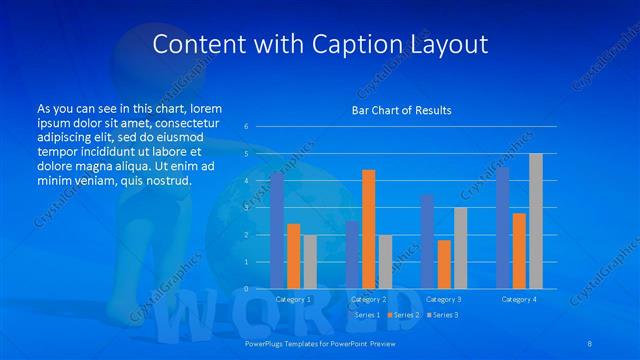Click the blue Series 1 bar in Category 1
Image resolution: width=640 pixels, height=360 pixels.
pyautogui.click(x=277, y=231)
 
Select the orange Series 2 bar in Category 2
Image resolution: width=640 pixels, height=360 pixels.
pyautogui.click(x=369, y=229)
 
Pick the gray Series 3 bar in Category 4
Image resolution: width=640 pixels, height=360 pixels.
pyautogui.click(x=535, y=221)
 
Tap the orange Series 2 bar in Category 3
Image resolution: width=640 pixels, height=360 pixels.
pyautogui.click(x=444, y=264)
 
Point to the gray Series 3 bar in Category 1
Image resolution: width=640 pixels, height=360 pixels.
pyautogui.click(x=310, y=262)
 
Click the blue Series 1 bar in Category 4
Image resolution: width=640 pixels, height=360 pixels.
pyautogui.click(x=502, y=228)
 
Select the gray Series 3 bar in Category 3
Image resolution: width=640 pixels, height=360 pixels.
pyautogui.click(x=460, y=248)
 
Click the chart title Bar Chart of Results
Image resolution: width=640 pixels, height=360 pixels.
pyautogui.click(x=401, y=110)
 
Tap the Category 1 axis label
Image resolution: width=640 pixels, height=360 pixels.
pyautogui.click(x=293, y=299)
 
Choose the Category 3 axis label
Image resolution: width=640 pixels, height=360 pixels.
pyautogui.click(x=443, y=299)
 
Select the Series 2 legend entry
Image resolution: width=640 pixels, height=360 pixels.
pyautogui.click(x=404, y=315)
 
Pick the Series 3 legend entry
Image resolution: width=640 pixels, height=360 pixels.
pyautogui.click(x=443, y=315)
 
